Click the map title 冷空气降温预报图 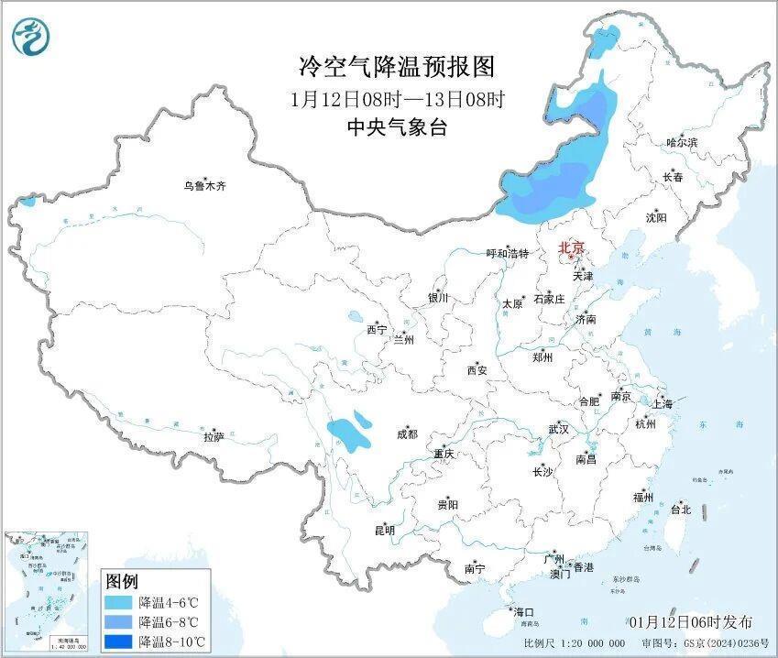[396, 66]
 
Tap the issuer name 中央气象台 [396, 127]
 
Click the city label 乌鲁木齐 [203, 186]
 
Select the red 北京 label [574, 247]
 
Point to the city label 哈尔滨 [681, 143]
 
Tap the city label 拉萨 [214, 437]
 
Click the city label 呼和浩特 [507, 254]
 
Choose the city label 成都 [406, 434]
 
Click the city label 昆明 [384, 530]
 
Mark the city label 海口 [523, 611]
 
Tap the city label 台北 [681, 509]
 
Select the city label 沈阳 [656, 217]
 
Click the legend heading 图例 [121, 581]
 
